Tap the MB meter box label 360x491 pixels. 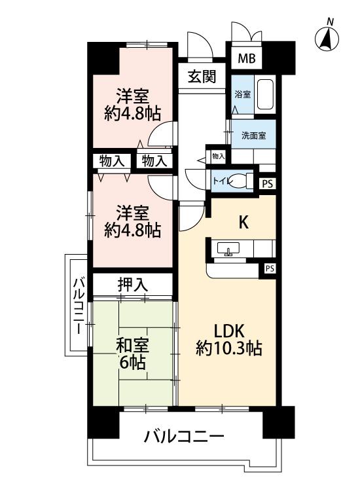247,58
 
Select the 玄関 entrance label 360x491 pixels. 202,76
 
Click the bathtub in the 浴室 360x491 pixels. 264,94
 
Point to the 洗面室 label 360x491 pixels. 253,136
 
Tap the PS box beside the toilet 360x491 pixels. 267,184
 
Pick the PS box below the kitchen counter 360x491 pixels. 270,268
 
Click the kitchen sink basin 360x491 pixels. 228,248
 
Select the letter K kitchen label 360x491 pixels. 244,223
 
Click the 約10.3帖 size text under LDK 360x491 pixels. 229,348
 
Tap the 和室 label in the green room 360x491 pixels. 132,346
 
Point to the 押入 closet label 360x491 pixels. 132,284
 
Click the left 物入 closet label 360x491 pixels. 111,161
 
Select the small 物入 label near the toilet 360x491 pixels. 218,156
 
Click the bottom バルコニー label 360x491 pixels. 184,436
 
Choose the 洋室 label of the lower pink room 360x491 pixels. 132,213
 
